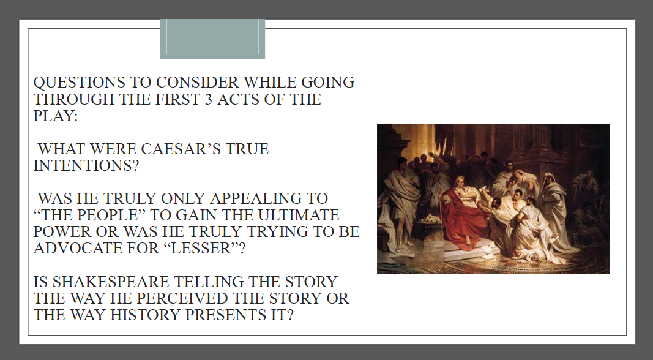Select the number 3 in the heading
[x=208, y=99]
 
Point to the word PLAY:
[x=56, y=116]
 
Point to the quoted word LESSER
[x=202, y=249]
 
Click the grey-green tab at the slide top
[x=212, y=39]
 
